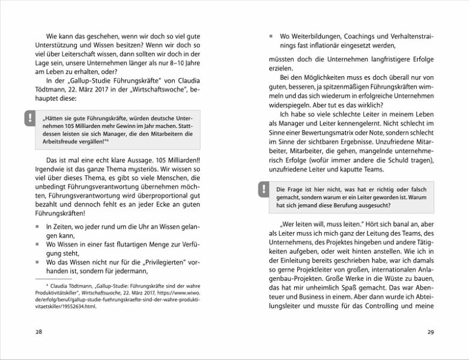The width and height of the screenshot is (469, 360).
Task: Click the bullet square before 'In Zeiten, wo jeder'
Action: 37,227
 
